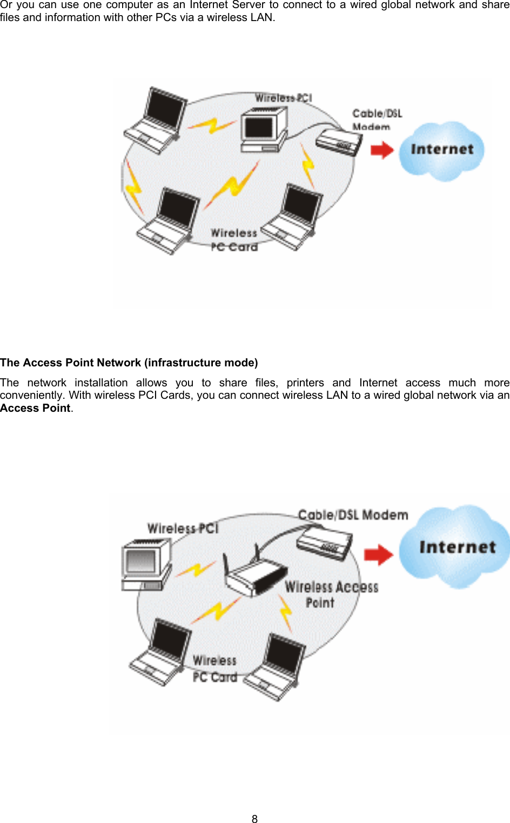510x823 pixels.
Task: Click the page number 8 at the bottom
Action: click(x=254, y=819)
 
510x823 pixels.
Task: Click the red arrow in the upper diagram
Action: click(x=382, y=150)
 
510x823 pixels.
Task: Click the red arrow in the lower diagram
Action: click(x=378, y=554)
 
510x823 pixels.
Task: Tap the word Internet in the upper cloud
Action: click(x=442, y=149)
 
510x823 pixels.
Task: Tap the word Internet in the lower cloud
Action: click(x=457, y=547)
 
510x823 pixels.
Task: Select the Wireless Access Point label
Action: click(x=331, y=594)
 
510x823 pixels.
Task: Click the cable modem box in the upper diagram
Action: click(x=339, y=142)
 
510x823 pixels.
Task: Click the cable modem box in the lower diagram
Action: click(x=324, y=543)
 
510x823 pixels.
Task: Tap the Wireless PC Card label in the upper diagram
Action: click(x=234, y=240)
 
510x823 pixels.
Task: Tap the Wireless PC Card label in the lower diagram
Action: click(x=215, y=668)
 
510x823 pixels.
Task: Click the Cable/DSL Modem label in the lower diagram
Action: click(x=353, y=515)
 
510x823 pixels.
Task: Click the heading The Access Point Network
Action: click(x=129, y=363)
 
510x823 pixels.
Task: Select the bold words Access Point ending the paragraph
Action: click(x=35, y=408)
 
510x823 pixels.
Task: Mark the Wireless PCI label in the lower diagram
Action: click(x=183, y=528)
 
